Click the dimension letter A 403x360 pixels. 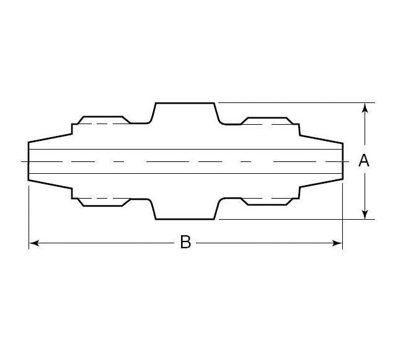point(364,161)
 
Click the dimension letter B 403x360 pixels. point(185,243)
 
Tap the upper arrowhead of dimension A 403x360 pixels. point(365,107)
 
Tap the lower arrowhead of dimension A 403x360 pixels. point(365,214)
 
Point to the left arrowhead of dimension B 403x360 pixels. point(34,243)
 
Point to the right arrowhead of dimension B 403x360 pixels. point(337,243)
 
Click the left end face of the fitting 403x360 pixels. point(29,161)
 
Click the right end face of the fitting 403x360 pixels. point(342,161)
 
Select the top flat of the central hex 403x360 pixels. point(185,103)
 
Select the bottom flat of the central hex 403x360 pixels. point(185,219)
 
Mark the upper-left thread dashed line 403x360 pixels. point(102,124)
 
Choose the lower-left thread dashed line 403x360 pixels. point(102,198)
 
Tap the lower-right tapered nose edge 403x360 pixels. point(321,184)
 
